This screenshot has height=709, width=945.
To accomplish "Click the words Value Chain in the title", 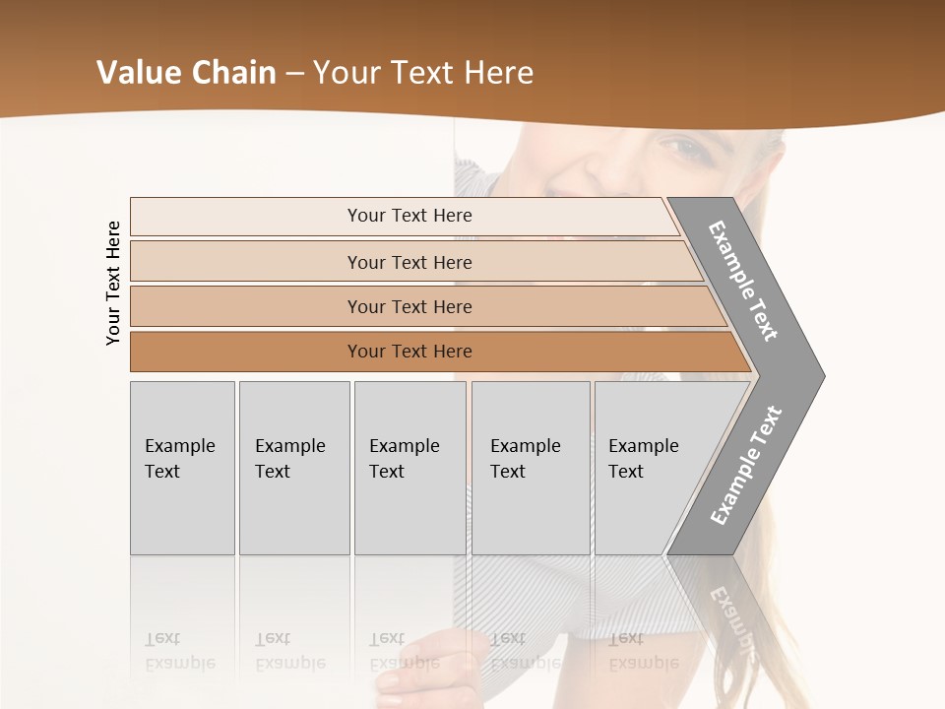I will (186, 73).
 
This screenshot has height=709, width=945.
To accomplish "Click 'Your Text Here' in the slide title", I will (423, 73).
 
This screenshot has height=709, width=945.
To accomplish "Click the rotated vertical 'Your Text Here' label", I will (113, 283).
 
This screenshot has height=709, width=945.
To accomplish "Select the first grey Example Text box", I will (182, 468).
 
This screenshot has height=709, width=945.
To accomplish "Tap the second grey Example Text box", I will (294, 468).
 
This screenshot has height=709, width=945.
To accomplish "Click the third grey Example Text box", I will (409, 468).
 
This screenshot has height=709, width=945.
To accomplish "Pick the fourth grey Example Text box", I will (531, 468).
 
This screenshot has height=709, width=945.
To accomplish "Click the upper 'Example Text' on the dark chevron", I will (743, 281).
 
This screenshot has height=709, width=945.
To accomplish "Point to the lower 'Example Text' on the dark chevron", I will (745, 466).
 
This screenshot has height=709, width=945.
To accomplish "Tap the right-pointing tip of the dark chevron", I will (817, 375).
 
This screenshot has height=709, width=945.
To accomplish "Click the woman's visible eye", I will (685, 150).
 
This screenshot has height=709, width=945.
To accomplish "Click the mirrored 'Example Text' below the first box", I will (179, 651).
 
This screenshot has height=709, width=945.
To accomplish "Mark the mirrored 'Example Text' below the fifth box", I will (643, 651).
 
